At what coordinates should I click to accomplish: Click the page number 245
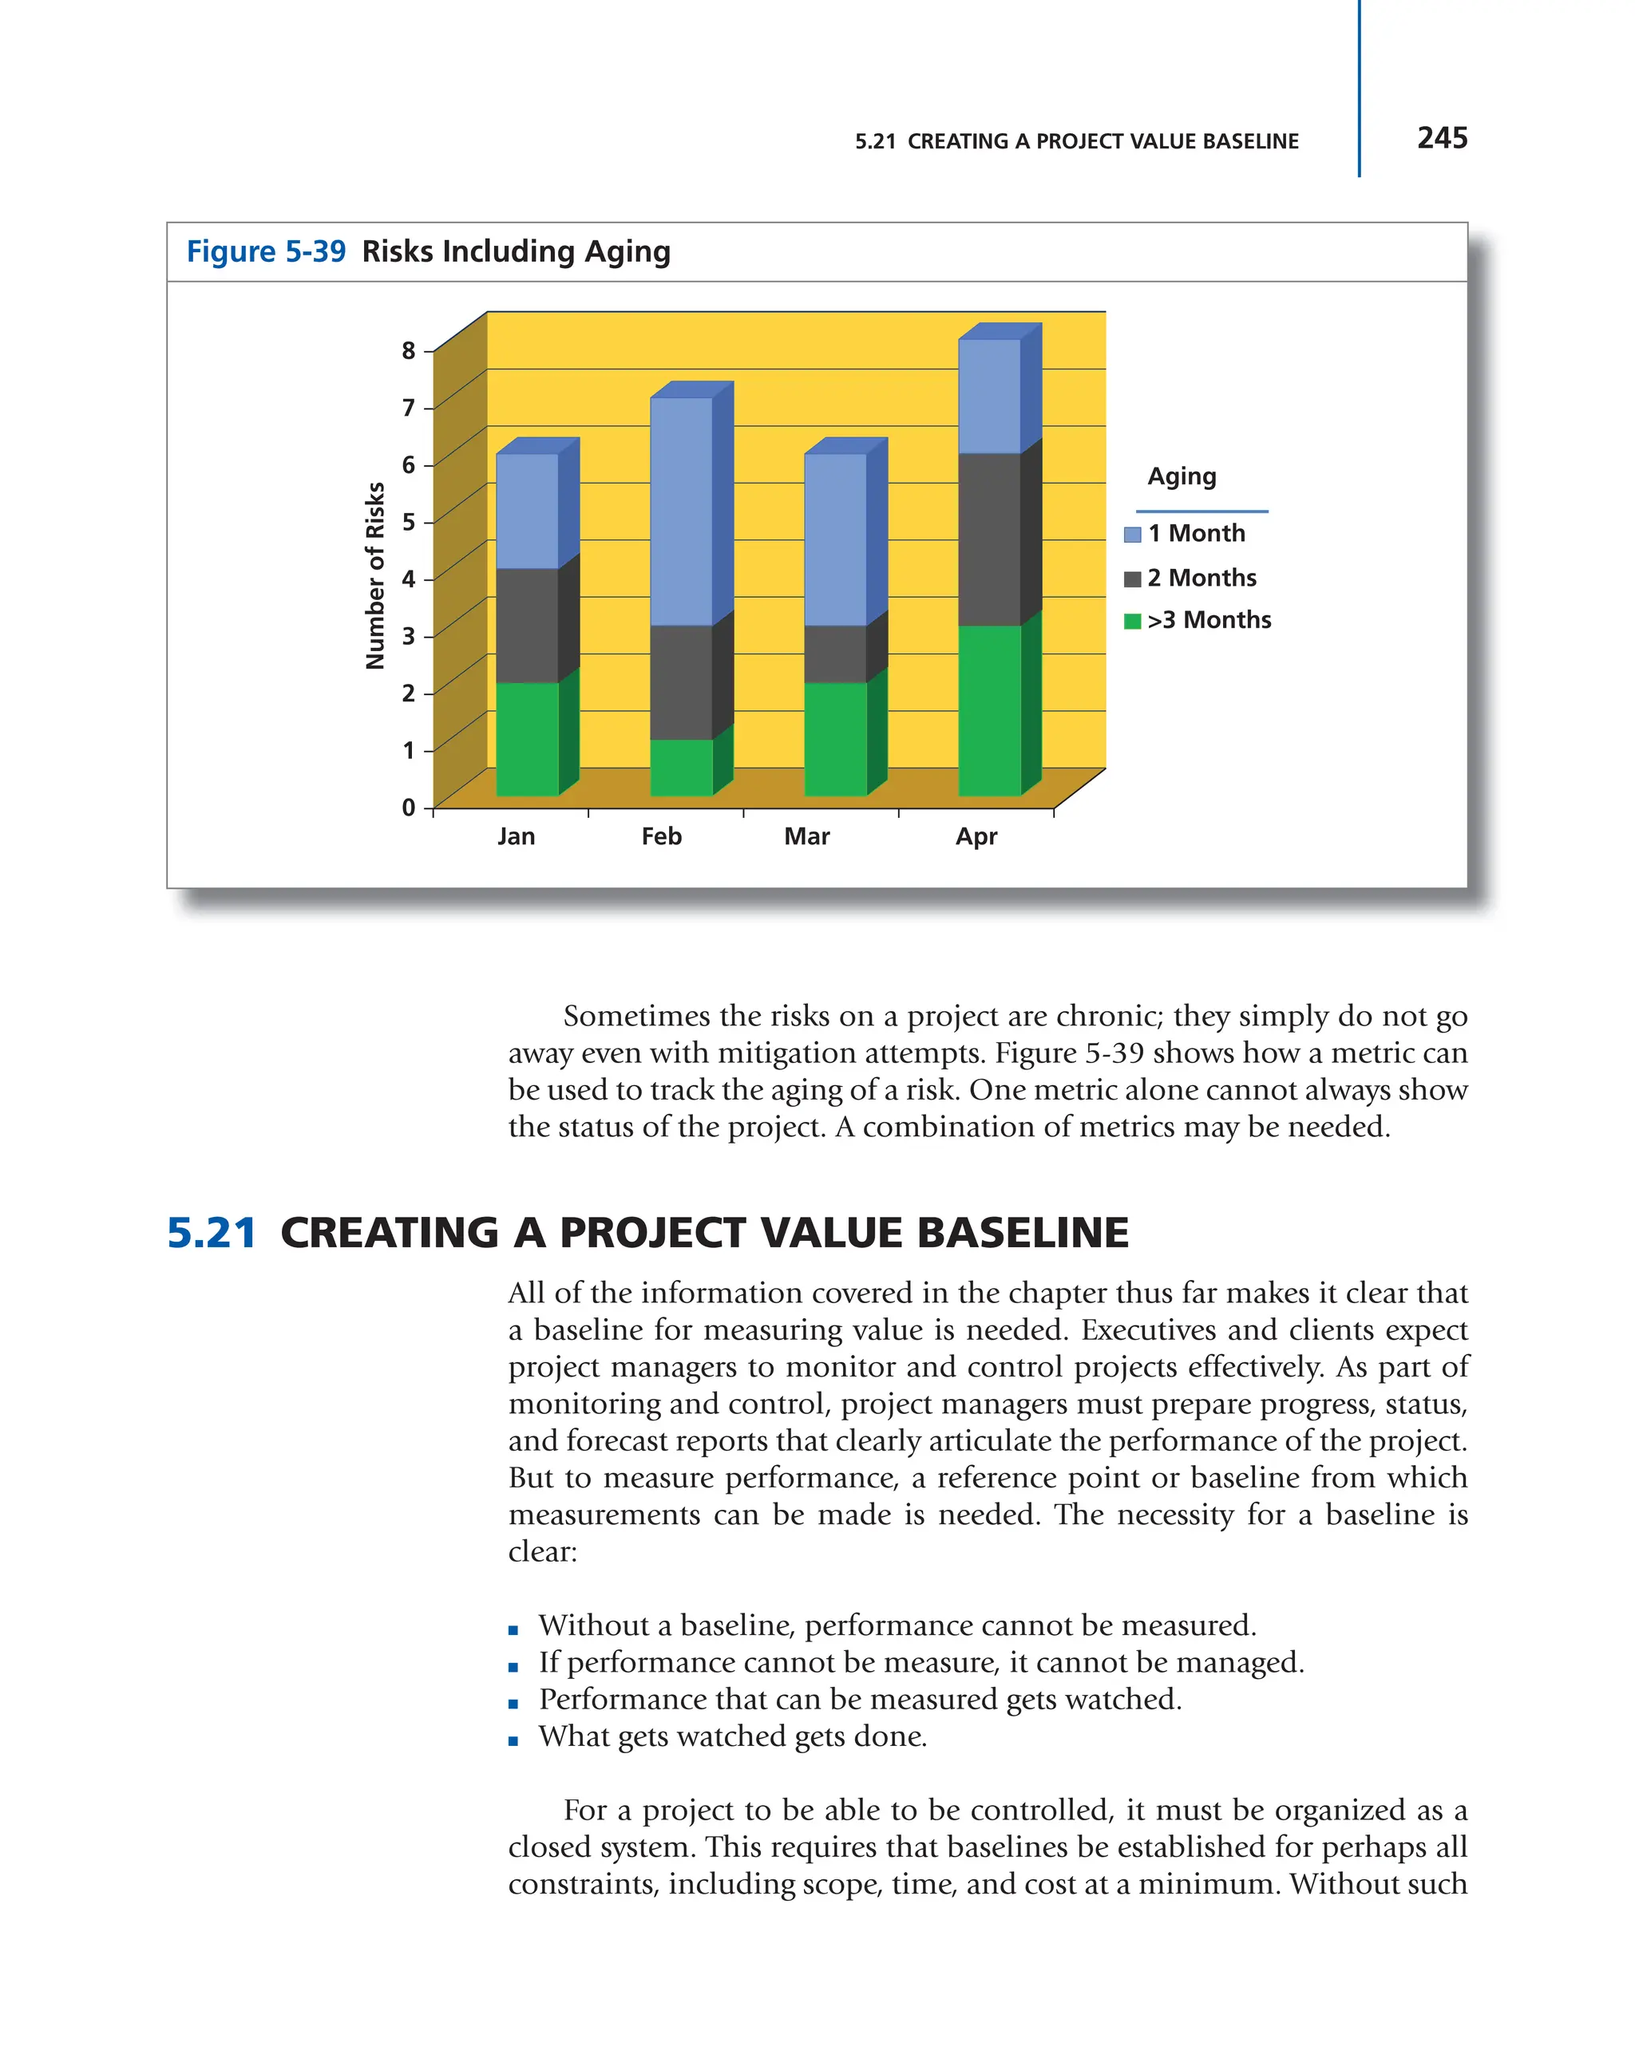click(1441, 138)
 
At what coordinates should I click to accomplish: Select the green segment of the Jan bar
click(527, 738)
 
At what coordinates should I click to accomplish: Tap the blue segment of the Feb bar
click(681, 511)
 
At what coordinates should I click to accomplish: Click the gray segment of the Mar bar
click(835, 654)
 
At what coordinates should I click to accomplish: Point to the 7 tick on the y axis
click(409, 408)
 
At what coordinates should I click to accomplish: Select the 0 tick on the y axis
click(409, 808)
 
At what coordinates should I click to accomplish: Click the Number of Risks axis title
click(374, 575)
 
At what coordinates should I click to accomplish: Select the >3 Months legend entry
click(1208, 620)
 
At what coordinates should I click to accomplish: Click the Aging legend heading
click(1182, 476)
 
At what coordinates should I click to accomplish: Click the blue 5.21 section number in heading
click(211, 1232)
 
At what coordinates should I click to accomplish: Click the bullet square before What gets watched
click(513, 1741)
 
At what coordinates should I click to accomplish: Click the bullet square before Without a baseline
click(513, 1629)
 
